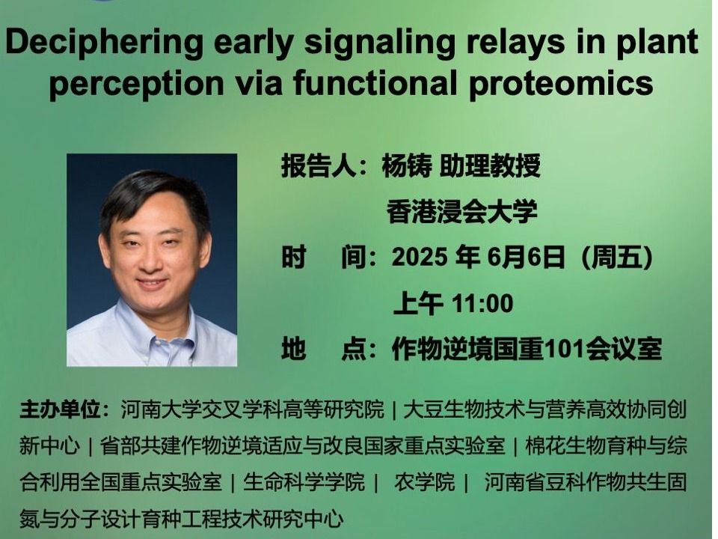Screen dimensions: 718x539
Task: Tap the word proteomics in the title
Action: click(561, 84)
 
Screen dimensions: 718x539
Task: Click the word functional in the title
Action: click(375, 82)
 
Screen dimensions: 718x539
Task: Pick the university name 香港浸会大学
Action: click(461, 211)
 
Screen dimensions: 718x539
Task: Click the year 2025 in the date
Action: click(420, 257)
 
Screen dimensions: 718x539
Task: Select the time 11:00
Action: click(482, 304)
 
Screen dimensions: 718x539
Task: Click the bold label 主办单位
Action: click(60, 409)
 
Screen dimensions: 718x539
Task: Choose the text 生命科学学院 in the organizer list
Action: click(304, 482)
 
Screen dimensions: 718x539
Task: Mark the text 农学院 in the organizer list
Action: click(425, 482)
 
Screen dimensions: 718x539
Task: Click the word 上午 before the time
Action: click(418, 304)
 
